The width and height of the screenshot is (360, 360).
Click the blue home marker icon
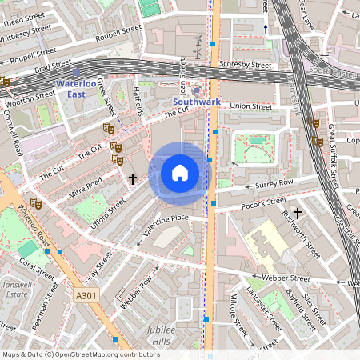pos(180,172)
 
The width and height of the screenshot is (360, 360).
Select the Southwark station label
pos(196,102)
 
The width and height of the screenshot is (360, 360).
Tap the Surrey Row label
pos(274,184)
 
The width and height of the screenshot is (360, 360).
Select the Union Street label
pos(250,106)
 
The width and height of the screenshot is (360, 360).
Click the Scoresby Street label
pos(246,64)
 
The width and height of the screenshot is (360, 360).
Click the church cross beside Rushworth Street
pos(297,214)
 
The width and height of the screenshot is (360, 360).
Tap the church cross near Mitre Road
pos(133,180)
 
